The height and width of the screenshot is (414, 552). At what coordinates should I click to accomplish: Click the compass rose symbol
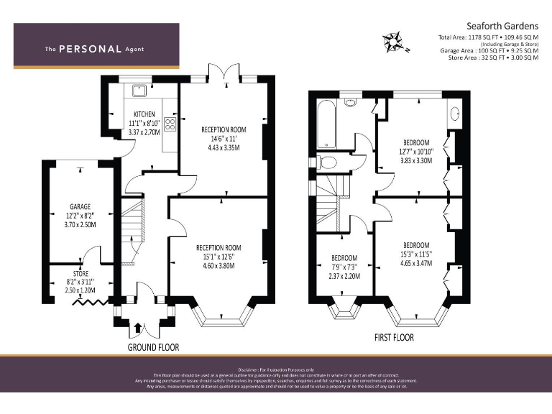(x=395, y=41)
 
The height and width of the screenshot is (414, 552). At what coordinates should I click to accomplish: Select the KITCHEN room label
(x=144, y=114)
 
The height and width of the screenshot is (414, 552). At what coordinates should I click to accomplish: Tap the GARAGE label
(x=79, y=207)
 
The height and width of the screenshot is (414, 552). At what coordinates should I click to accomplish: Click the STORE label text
(x=80, y=272)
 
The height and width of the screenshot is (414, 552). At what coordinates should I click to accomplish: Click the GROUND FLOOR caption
(x=153, y=347)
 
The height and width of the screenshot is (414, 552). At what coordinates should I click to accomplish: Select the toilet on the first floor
(x=327, y=162)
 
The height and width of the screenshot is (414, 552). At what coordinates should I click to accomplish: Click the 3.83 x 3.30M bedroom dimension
(x=415, y=161)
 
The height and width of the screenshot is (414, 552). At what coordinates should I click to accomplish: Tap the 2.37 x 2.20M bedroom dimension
(x=344, y=276)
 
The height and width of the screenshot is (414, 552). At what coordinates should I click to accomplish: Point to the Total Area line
(x=488, y=37)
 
